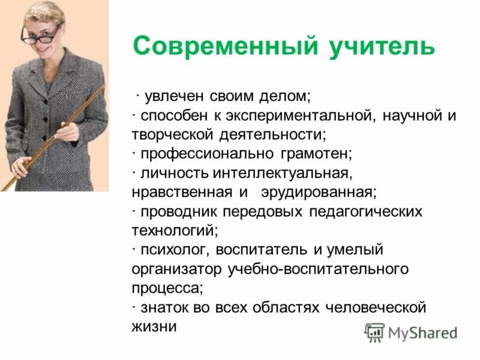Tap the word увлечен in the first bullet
174,97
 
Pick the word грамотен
314,154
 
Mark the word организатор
176,268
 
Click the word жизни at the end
154,326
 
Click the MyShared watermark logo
412,332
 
